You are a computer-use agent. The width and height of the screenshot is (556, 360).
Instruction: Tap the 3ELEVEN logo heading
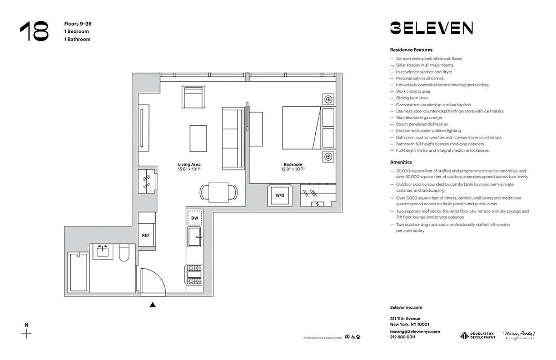[x=431, y=28]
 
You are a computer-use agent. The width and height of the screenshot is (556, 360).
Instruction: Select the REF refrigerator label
[x=146, y=235]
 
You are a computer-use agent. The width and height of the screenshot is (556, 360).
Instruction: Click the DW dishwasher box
[x=194, y=218]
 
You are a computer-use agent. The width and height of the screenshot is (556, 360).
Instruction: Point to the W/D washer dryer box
[x=280, y=195]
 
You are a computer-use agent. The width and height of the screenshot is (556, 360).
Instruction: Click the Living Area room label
[x=189, y=165]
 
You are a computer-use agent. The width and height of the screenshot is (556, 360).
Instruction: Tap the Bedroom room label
[x=293, y=165]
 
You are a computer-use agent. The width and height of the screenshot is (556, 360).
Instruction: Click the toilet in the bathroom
[x=124, y=253]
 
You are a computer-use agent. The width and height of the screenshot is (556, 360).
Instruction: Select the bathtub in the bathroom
[x=78, y=272]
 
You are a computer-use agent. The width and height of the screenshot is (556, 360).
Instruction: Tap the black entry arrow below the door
[x=152, y=305]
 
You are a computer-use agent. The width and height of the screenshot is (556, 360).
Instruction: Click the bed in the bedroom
[x=301, y=127]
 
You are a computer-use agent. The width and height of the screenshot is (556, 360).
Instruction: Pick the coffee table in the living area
[x=198, y=138]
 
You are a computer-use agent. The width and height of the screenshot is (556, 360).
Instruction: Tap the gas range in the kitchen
[x=194, y=275]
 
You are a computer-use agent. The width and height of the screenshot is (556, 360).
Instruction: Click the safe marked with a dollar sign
[x=318, y=204]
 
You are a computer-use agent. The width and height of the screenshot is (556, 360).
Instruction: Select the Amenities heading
[x=401, y=162]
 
